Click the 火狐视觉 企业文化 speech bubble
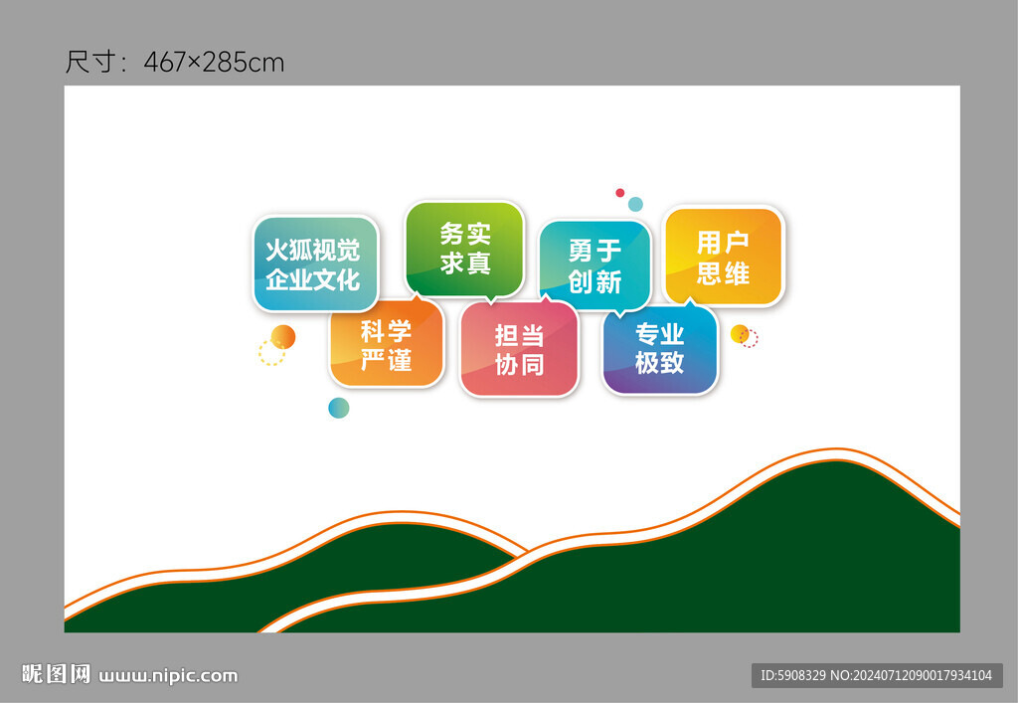click(315, 264)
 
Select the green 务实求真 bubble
click(464, 250)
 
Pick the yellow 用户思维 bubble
click(724, 257)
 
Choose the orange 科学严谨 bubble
click(387, 342)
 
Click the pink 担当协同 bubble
click(519, 348)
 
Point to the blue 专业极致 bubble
click(660, 349)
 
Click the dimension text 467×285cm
click(215, 63)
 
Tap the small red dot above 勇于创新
click(620, 193)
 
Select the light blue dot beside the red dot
click(635, 205)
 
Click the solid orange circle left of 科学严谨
click(283, 337)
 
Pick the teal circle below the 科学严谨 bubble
click(339, 408)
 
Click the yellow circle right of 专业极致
click(740, 334)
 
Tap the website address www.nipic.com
click(168, 676)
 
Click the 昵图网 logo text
click(56, 674)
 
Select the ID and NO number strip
click(877, 676)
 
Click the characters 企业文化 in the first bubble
click(313, 279)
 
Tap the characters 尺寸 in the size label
click(90, 63)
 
